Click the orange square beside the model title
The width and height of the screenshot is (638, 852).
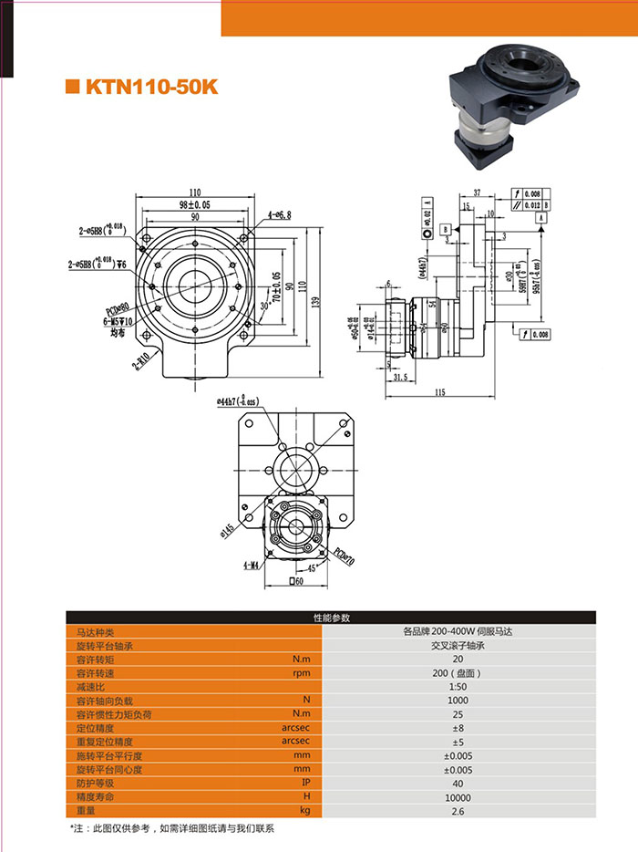coord(73,88)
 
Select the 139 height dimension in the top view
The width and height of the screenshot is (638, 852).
coord(314,300)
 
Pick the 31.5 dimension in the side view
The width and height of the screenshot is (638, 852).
coord(398,376)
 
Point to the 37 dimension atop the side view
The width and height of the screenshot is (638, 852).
coord(477,193)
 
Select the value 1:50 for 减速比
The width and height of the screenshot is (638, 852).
coord(466,686)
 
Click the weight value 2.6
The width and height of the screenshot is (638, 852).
coord(466,810)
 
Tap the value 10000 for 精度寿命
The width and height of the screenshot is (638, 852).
coord(466,796)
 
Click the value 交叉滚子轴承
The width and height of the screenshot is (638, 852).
coord(466,645)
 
